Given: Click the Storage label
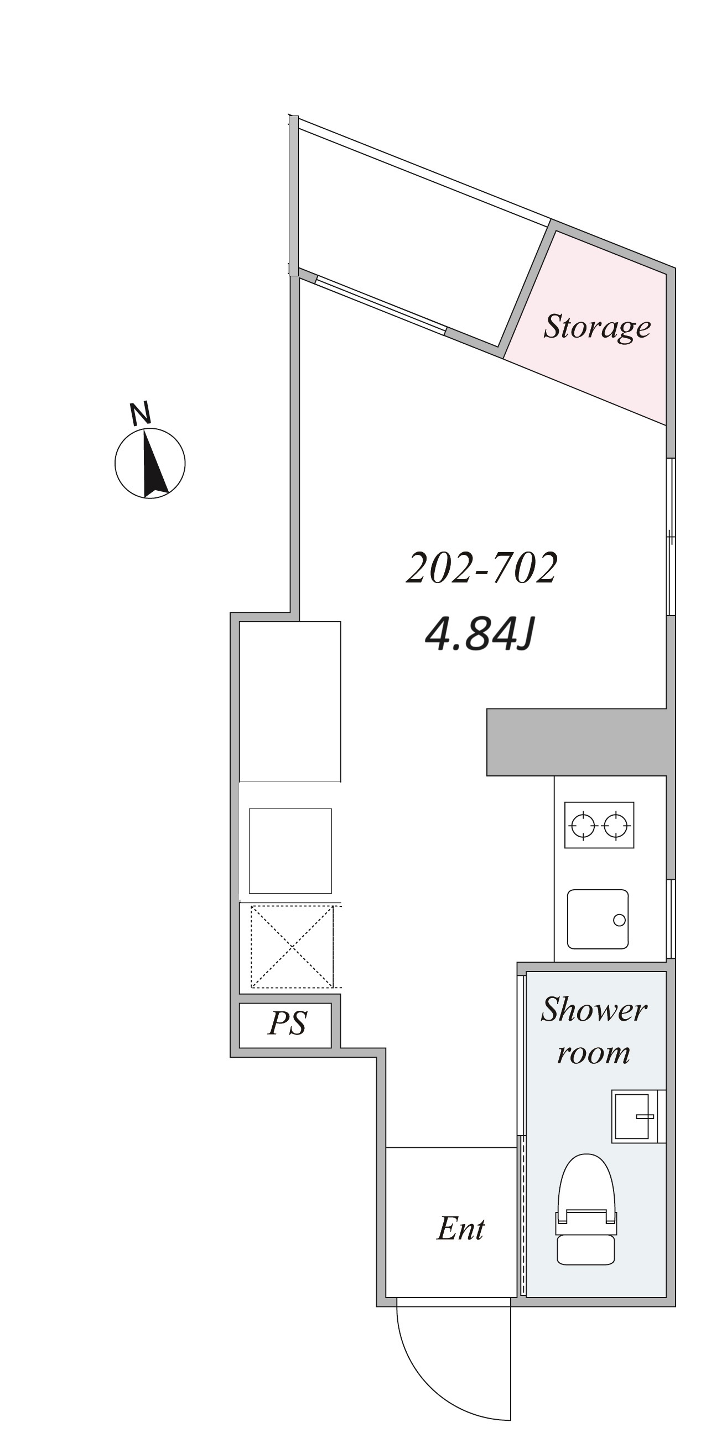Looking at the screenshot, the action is pos(597,327).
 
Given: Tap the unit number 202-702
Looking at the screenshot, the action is pos(481,568).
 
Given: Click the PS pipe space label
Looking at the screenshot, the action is pos(287,1022).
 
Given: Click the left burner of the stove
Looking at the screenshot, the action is pos(582,825).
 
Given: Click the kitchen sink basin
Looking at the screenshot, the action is pos(598,919).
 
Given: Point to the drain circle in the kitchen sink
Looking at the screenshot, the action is pos(619,920).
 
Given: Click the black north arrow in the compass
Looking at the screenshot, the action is pos(153,464).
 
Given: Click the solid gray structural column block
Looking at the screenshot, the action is pos(580,742).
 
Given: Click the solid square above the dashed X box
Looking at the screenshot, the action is pos(290,851).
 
